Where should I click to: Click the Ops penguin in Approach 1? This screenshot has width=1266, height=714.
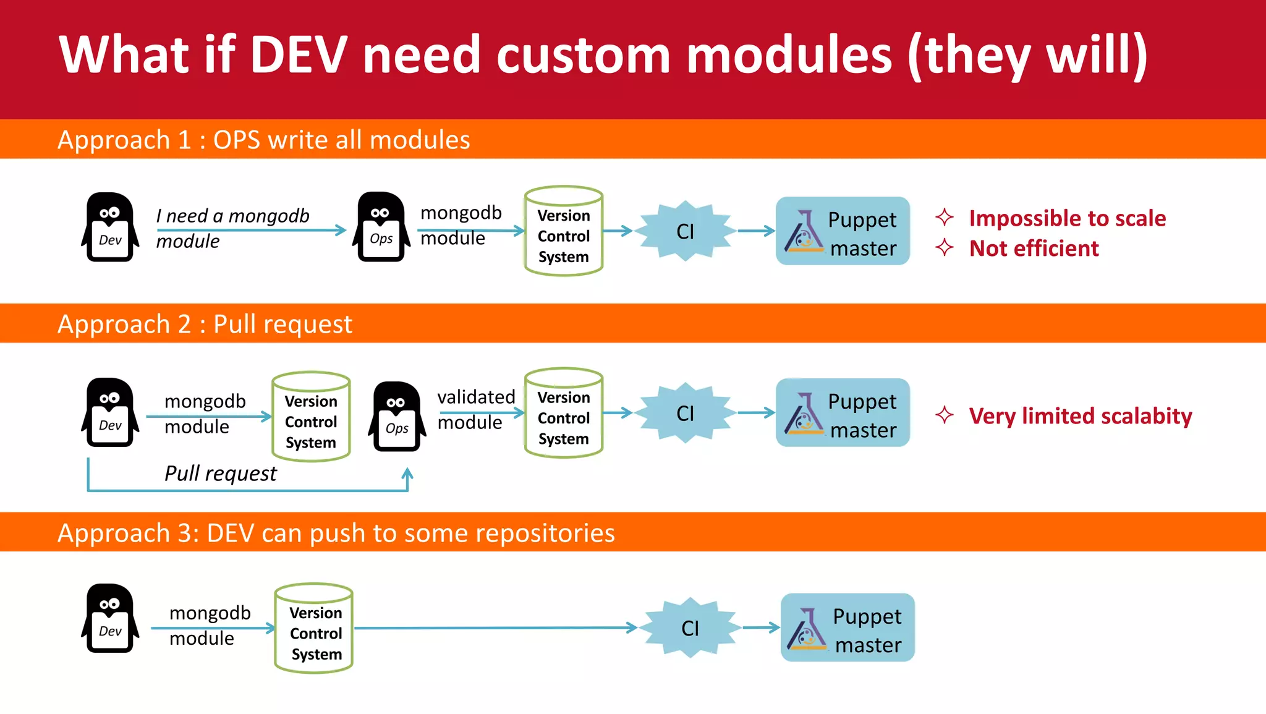point(381,227)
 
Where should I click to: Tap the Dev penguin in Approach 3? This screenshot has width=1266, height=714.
point(110,618)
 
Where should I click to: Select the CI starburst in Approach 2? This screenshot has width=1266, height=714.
point(685,413)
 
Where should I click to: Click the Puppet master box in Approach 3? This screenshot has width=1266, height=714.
point(847,628)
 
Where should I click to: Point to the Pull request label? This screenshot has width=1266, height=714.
point(220,474)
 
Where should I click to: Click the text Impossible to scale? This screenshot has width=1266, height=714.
point(1067,218)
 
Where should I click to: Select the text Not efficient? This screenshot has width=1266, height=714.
point(1034,249)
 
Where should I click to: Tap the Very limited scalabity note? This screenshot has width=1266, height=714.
point(1080,416)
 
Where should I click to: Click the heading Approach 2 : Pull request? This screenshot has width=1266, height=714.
point(205,324)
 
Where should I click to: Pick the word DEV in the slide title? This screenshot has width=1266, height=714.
point(299,55)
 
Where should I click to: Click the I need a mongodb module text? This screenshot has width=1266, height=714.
point(232,227)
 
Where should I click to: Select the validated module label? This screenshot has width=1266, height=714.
point(475,409)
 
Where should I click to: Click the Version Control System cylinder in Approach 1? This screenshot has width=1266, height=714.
point(563,232)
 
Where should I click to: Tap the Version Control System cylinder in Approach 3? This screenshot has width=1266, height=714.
point(314,629)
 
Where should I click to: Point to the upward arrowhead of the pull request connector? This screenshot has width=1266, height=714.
point(407,474)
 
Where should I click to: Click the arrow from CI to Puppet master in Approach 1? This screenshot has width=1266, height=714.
point(756,231)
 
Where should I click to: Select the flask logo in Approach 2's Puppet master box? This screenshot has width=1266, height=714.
point(804,414)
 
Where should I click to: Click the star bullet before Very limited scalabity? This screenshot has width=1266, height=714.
point(944,415)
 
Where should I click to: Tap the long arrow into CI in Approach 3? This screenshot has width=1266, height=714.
point(495,628)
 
